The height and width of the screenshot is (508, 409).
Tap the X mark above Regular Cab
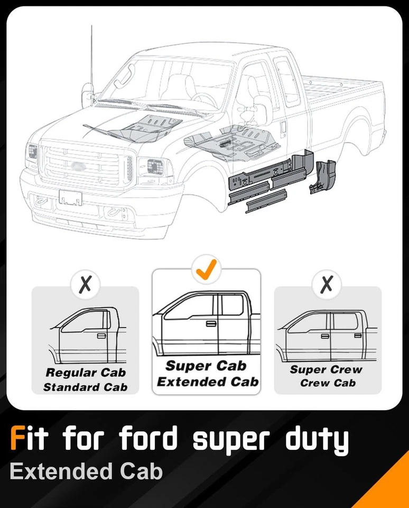pyautogui.click(x=86, y=285)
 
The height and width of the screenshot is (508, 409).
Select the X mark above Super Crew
pyautogui.click(x=327, y=285)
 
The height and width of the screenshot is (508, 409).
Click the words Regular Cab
pyautogui.click(x=85, y=373)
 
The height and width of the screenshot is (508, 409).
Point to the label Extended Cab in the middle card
pyautogui.click(x=207, y=382)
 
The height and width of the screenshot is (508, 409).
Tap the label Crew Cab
pyautogui.click(x=328, y=383)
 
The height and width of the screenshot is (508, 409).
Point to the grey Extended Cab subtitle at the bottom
pyautogui.click(x=86, y=471)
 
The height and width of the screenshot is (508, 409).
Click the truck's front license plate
pyautogui.click(x=70, y=198)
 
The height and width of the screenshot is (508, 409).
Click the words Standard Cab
pyautogui.click(x=85, y=387)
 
